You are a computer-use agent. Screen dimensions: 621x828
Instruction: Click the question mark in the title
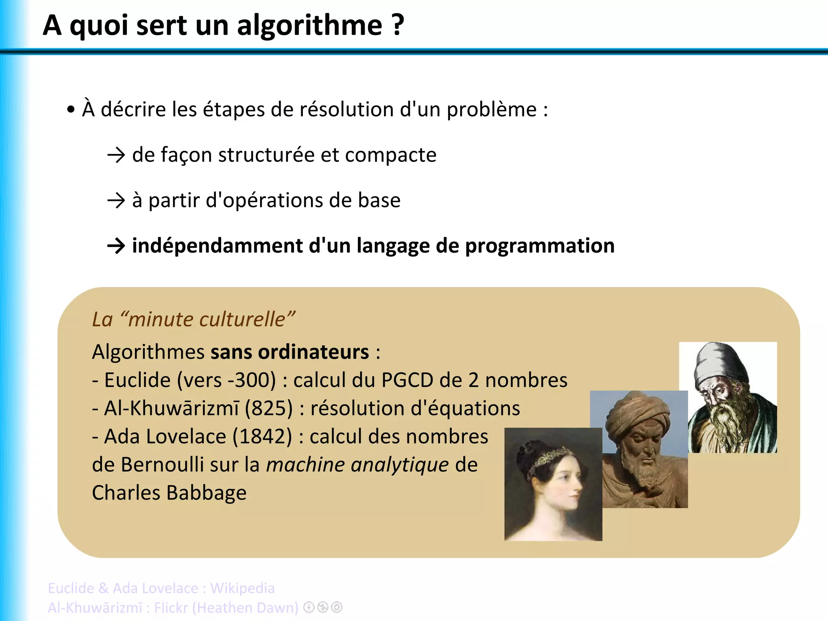398,25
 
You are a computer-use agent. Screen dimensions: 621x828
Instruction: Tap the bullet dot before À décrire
71,110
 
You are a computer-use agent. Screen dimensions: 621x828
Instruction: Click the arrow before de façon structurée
116,155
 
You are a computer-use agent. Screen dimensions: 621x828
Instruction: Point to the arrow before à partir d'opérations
116,201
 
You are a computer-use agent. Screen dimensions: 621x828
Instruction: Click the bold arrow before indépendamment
116,246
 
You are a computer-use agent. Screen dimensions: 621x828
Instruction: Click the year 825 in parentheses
269,408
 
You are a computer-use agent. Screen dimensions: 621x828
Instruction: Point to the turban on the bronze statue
635,412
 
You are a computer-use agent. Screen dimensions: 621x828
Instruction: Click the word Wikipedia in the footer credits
243,588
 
